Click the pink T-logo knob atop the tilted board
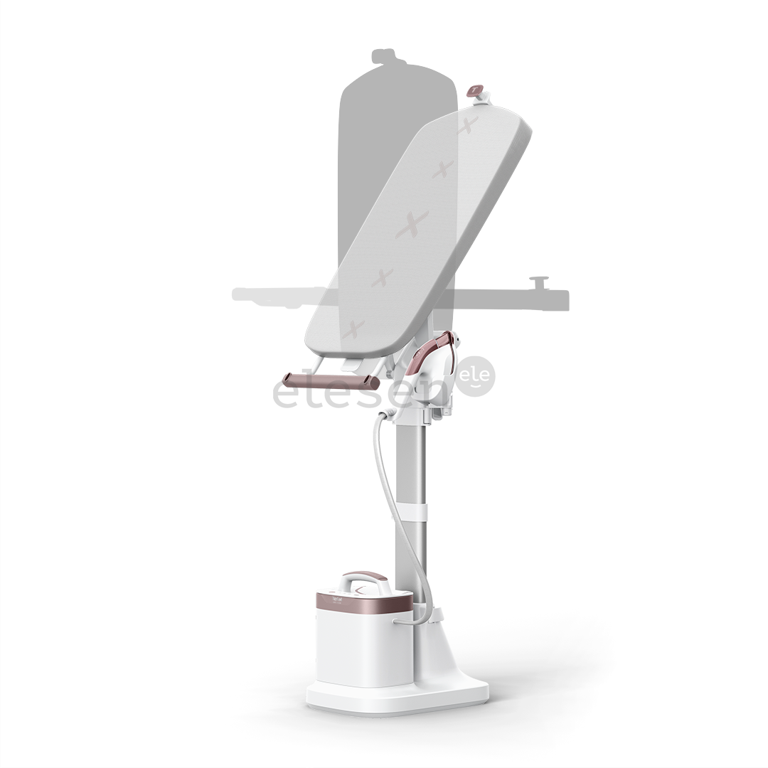[474, 91]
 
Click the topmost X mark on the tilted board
[467, 128]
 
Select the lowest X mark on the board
[353, 329]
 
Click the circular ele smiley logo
[475, 376]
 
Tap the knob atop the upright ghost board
[385, 55]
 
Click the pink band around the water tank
[364, 603]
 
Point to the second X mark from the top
[443, 169]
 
